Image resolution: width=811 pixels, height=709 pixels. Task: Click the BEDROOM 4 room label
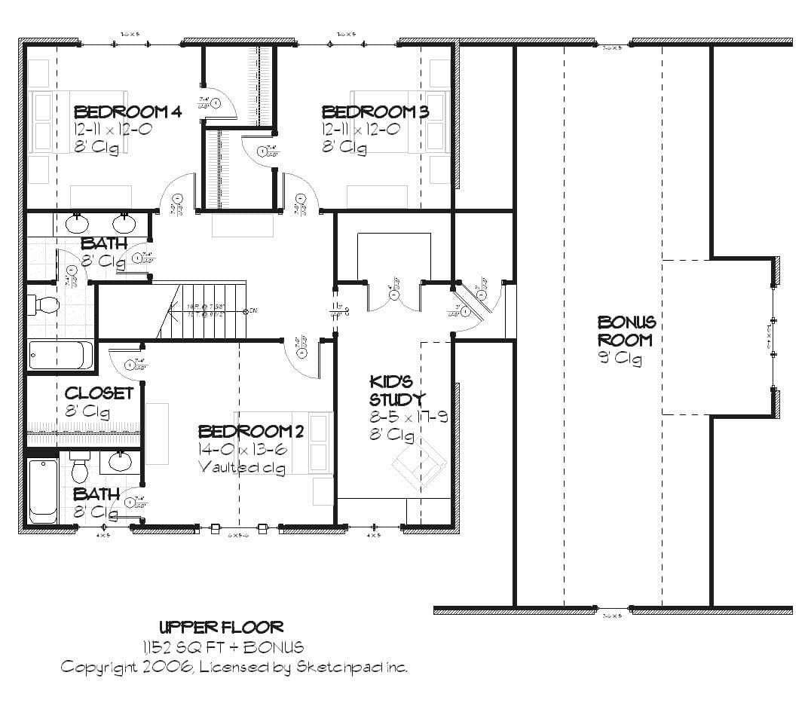pyautogui.click(x=127, y=112)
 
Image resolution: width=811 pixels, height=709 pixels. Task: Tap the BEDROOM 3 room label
pyautogui.click(x=375, y=112)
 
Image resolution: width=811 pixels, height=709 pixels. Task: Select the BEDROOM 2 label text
pyautogui.click(x=250, y=431)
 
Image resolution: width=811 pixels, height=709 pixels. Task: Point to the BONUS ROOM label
pyautogui.click(x=626, y=331)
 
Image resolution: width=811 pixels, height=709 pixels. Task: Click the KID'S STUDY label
pyautogui.click(x=396, y=390)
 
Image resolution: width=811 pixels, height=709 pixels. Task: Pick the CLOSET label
pyautogui.click(x=99, y=393)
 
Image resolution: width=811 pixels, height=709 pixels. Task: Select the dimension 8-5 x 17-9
pyautogui.click(x=408, y=417)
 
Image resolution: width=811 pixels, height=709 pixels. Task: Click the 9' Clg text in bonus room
pyautogui.click(x=620, y=359)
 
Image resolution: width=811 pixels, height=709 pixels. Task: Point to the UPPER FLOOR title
pyautogui.click(x=222, y=627)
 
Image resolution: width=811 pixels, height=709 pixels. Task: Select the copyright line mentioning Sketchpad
pyautogui.click(x=234, y=667)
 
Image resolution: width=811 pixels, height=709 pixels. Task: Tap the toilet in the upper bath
pyautogui.click(x=44, y=304)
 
